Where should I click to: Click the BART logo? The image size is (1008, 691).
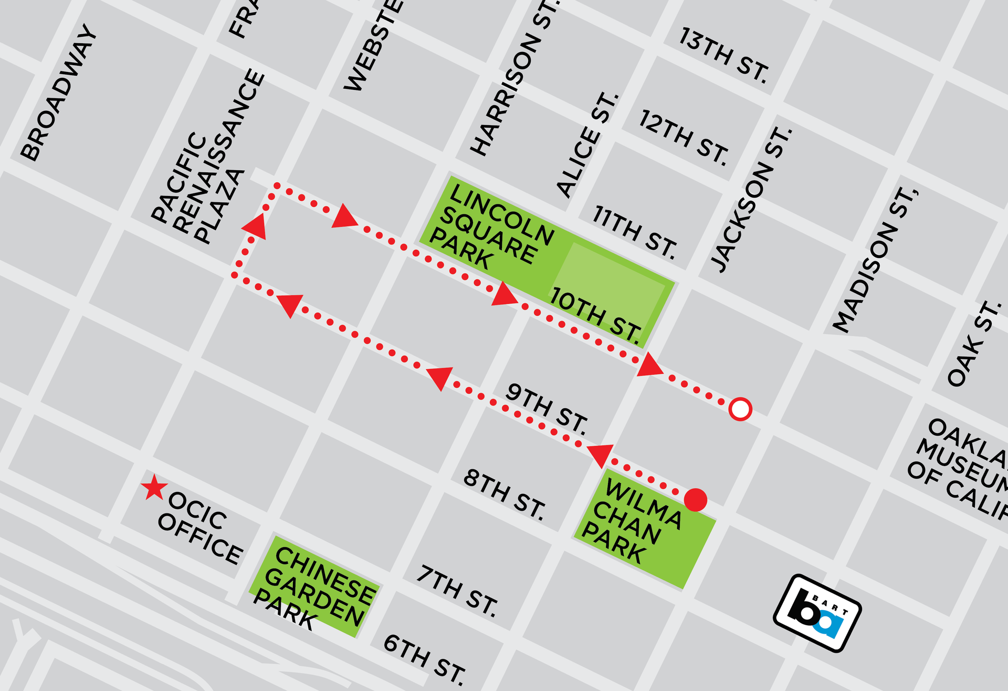tap(817, 613)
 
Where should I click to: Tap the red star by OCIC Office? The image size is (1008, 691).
tap(154, 488)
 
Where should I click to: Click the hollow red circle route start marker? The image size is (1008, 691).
tap(740, 409)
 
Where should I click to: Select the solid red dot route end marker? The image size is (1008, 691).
tap(696, 500)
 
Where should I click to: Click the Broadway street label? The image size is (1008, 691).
tap(59, 93)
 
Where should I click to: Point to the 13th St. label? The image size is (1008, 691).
tap(724, 55)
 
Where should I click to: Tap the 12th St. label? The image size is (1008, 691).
tap(684, 138)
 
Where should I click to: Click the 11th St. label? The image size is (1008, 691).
tap(635, 232)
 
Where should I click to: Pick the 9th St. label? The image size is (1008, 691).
tap(547, 409)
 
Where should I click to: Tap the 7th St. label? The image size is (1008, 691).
tap(457, 590)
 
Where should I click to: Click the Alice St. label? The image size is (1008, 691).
tap(587, 145)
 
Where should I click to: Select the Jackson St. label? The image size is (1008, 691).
tap(751, 200)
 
